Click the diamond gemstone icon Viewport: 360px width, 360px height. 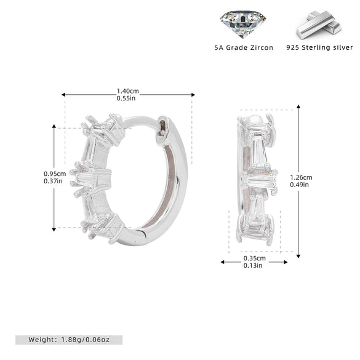pos(243,24)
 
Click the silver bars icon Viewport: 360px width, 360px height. pos(319,25)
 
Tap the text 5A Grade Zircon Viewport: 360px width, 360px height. pos(244,48)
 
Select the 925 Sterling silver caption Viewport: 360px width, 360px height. pos(319,47)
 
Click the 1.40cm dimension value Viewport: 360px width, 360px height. pos(127,91)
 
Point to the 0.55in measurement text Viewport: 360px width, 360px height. pos(126,98)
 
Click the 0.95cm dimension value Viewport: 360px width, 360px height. pos(55,174)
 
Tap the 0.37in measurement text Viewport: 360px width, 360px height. pos(53,181)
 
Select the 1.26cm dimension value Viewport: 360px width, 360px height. pos(301,177)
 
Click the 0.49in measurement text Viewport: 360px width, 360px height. pos(300,185)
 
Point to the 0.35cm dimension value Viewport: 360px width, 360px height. pos(254,258)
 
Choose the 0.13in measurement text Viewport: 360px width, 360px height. pos(253,265)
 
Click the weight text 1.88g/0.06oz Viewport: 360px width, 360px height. pos(85,340)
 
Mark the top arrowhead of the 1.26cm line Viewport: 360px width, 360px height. pos(298,106)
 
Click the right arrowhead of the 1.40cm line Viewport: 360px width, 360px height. pos(193,95)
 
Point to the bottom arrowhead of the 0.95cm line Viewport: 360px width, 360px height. pos(54,230)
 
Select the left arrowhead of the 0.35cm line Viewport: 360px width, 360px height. pos(223,262)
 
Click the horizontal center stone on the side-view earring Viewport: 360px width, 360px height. pos(260,179)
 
